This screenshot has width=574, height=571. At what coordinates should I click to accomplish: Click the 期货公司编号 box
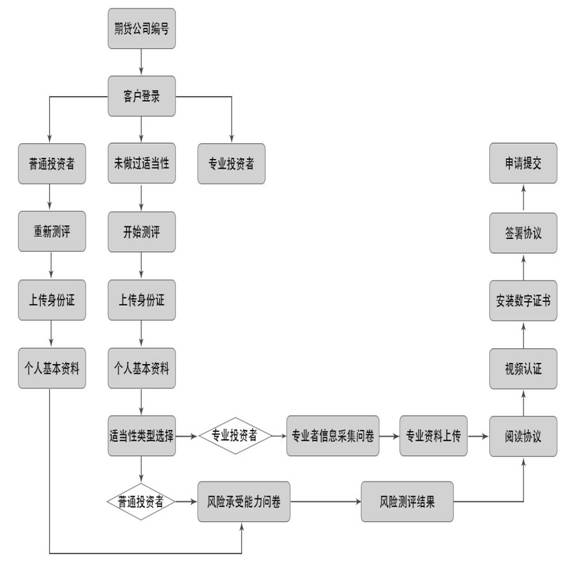pyautogui.click(x=142, y=29)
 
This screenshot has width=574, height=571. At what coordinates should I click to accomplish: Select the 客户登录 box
pyautogui.click(x=142, y=96)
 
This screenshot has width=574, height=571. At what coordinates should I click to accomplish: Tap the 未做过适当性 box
pyautogui.click(x=142, y=163)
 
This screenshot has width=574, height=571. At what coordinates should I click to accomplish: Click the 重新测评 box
pyautogui.click(x=52, y=231)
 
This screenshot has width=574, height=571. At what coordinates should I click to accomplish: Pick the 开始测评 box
pyautogui.click(x=142, y=232)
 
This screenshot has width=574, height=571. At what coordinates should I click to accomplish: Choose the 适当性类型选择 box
pyautogui.click(x=142, y=436)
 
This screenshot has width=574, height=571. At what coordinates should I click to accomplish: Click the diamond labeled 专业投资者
pyautogui.click(x=235, y=436)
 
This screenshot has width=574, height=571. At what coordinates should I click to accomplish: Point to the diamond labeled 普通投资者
pyautogui.click(x=141, y=501)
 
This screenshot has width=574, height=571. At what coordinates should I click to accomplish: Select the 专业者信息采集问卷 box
pyautogui.click(x=333, y=436)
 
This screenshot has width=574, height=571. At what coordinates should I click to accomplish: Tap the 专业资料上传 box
pyautogui.click(x=433, y=436)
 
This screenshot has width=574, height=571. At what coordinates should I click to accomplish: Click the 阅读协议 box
pyautogui.click(x=523, y=436)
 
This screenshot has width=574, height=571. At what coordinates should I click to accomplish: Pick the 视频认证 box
pyautogui.click(x=523, y=369)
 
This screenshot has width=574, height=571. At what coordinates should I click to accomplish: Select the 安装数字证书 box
pyautogui.click(x=523, y=301)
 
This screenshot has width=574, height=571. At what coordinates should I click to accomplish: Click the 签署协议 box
pyautogui.click(x=523, y=233)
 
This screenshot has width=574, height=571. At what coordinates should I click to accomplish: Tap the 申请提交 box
pyautogui.click(x=523, y=163)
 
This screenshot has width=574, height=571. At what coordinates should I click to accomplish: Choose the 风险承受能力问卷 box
pyautogui.click(x=244, y=501)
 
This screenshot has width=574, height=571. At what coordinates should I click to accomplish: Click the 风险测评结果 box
pyautogui.click(x=407, y=501)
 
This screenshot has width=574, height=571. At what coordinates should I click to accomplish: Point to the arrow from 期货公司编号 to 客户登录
pyautogui.click(x=141, y=62)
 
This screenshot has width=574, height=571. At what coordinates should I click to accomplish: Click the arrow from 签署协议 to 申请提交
pyautogui.click(x=523, y=198)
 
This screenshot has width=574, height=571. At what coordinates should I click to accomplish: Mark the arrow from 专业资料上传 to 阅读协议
pyautogui.click(x=478, y=436)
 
